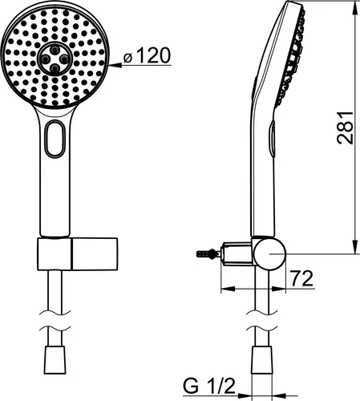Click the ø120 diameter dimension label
tap(147, 55)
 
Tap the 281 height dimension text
tap(345, 128)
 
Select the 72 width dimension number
tap(301, 278)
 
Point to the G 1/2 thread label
tap(209, 386)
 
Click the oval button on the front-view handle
tap(55, 138)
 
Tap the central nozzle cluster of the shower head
tap(55, 59)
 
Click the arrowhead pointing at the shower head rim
tap(115, 65)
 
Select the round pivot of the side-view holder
tap(269, 253)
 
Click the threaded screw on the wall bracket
tap(206, 253)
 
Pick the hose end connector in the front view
tap(55, 360)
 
